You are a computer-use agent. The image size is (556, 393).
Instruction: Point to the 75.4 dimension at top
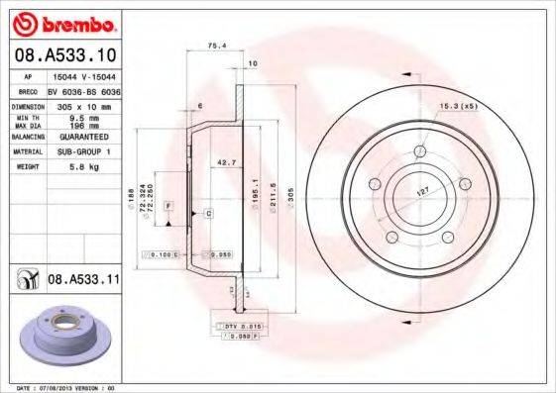coord(214,45)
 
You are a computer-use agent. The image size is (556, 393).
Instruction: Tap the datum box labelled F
coord(169,205)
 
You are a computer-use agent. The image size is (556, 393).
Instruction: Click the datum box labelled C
coord(209,214)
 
